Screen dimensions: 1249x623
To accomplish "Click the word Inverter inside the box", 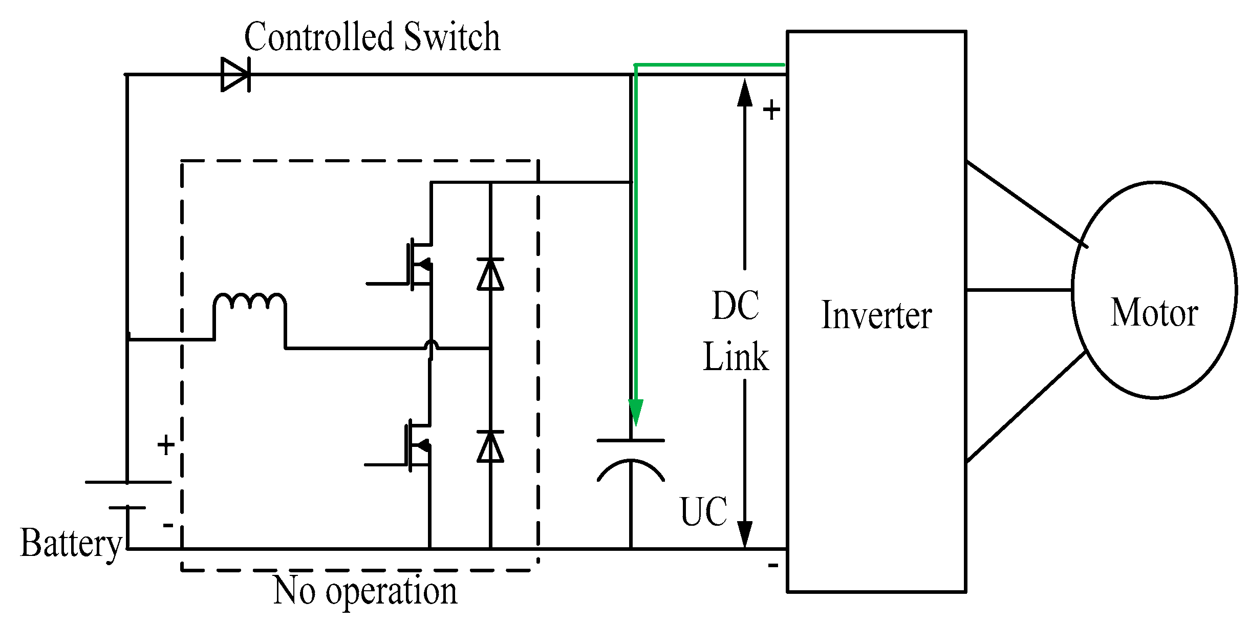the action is pyautogui.click(x=876, y=315).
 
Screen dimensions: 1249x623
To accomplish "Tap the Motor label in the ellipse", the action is pyautogui.click(x=1154, y=312).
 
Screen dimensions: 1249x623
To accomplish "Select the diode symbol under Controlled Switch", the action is pyautogui.click(x=235, y=75).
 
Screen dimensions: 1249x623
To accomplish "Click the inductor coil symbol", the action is pyautogui.click(x=250, y=302).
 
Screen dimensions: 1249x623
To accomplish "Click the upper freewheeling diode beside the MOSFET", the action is pyautogui.click(x=490, y=274).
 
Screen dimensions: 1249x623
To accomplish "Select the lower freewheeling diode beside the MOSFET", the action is pyautogui.click(x=490, y=446).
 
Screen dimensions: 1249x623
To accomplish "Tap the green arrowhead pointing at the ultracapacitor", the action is pyautogui.click(x=636, y=412).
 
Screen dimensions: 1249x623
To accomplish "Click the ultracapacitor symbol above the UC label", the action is pyautogui.click(x=631, y=461).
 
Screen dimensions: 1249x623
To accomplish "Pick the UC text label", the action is pyautogui.click(x=704, y=511).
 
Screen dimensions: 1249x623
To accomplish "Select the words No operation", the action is pyautogui.click(x=365, y=592).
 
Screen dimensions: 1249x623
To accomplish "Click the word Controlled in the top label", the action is pyautogui.click(x=319, y=37).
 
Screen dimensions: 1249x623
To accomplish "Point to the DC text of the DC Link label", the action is pyautogui.click(x=736, y=306).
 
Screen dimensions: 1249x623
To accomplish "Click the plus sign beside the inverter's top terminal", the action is pyautogui.click(x=771, y=110).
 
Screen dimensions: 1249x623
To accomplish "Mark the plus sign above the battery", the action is pyautogui.click(x=166, y=445).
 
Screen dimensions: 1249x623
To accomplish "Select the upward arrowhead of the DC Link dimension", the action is pyautogui.click(x=745, y=92).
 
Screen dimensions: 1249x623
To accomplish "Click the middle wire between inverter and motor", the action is pyautogui.click(x=1019, y=290).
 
